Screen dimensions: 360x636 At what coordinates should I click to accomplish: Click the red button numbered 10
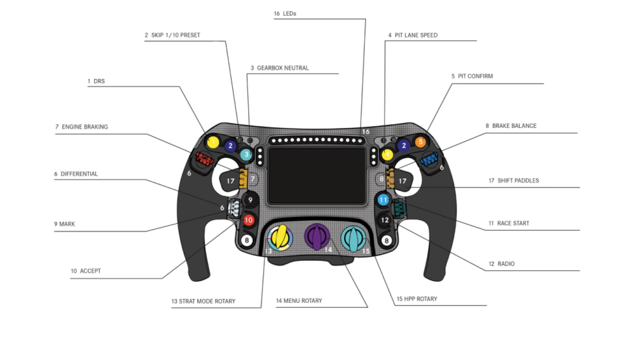tap(249, 220)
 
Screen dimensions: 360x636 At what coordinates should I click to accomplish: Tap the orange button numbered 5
tap(420, 142)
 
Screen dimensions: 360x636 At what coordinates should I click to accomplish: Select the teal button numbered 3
tap(246, 154)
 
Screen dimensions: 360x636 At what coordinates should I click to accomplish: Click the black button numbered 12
tap(384, 220)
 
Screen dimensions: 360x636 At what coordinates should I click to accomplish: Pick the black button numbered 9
tap(250, 200)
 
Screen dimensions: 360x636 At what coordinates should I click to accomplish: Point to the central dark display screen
tap(317, 176)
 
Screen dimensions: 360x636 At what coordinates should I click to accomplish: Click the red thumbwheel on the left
tap(204, 159)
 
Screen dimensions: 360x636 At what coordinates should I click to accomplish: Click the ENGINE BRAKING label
tap(85, 127)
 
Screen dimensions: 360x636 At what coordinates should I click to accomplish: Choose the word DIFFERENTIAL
tap(79, 174)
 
